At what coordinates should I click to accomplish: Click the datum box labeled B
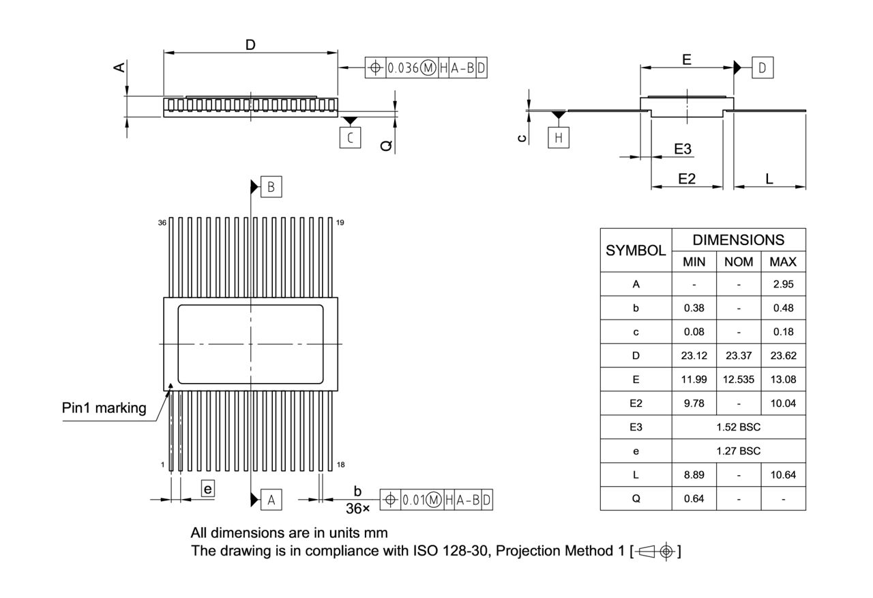tap(271, 186)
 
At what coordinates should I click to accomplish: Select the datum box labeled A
tap(271, 500)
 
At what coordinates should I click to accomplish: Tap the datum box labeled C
tap(350, 138)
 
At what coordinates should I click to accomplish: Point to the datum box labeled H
tap(559, 137)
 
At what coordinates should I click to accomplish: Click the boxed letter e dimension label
tap(208, 489)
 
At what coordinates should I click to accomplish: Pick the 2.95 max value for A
tap(783, 284)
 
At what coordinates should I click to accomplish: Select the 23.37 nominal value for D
tap(739, 356)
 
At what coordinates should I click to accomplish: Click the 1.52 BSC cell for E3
tap(739, 427)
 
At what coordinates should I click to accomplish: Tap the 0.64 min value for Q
tap(694, 498)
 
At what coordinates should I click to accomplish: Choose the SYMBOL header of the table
tap(636, 250)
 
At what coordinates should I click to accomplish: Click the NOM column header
tap(739, 261)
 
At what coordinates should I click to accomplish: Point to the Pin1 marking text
tap(104, 408)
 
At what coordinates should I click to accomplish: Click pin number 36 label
tap(162, 223)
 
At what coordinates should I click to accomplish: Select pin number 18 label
tap(340, 465)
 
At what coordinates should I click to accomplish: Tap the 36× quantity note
tap(357, 509)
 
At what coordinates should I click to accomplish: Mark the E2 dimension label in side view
tap(686, 179)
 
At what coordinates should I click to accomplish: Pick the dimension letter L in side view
tap(769, 179)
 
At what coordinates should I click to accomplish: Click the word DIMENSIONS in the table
tap(739, 240)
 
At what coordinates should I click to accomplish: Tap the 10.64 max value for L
tap(783, 474)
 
